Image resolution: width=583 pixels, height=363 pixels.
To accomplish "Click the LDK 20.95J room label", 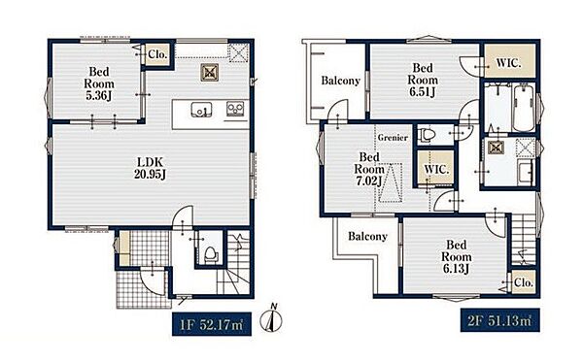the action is [150, 168].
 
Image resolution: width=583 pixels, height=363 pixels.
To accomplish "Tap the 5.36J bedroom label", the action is [99, 83].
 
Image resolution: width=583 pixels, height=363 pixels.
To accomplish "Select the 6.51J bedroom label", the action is [423, 80].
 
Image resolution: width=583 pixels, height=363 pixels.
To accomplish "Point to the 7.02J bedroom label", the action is [369, 169].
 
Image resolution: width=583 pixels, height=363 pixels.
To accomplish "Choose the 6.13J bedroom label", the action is [457, 257].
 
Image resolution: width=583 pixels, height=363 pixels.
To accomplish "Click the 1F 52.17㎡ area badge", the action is [212, 324].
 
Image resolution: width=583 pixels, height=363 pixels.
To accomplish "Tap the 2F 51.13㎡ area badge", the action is [500, 320].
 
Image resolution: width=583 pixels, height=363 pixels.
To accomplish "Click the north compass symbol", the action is [271, 318].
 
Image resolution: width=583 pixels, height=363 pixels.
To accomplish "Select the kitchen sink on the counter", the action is [201, 110].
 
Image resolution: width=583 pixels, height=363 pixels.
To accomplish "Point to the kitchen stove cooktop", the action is [235, 109].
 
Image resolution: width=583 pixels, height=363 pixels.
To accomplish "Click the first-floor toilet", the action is [211, 255].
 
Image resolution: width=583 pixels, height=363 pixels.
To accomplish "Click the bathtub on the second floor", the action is [523, 107].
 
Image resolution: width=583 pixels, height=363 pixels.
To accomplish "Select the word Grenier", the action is [393, 138].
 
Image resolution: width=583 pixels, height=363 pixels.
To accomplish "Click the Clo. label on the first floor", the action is [157, 54].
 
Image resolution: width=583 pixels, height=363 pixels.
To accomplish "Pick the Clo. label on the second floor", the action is [524, 282].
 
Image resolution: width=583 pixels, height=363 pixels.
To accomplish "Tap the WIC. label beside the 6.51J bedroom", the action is [508, 63].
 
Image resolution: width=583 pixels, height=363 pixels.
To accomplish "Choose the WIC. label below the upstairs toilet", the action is [436, 170].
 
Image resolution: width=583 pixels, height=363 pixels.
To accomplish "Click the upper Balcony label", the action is [341, 81].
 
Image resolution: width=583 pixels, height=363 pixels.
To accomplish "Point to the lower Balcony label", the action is [367, 236].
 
